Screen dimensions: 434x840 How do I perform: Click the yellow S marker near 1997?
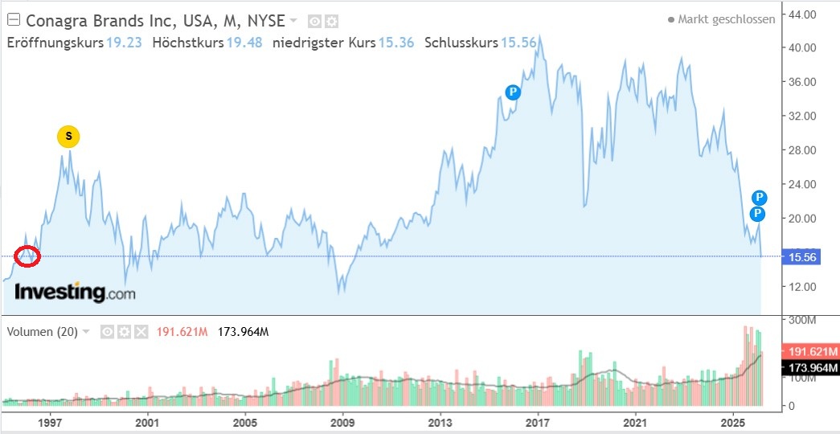[68, 137]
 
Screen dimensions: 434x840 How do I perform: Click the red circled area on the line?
[27, 256]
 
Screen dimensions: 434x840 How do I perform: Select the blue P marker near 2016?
[513, 92]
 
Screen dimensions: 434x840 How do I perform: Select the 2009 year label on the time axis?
[343, 422]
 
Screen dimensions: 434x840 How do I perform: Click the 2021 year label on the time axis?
[636, 422]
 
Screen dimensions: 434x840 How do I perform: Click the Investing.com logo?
[75, 292]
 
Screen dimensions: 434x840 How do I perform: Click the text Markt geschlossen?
[726, 19]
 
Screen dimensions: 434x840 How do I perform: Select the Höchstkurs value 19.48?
[244, 43]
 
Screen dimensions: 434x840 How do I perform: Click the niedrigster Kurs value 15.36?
[395, 43]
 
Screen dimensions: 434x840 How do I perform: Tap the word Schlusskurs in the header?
[461, 43]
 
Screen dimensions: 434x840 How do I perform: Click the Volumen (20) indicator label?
[42, 331]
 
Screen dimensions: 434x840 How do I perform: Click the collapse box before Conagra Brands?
[12, 19]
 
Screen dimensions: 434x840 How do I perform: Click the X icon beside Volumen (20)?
[141, 331]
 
